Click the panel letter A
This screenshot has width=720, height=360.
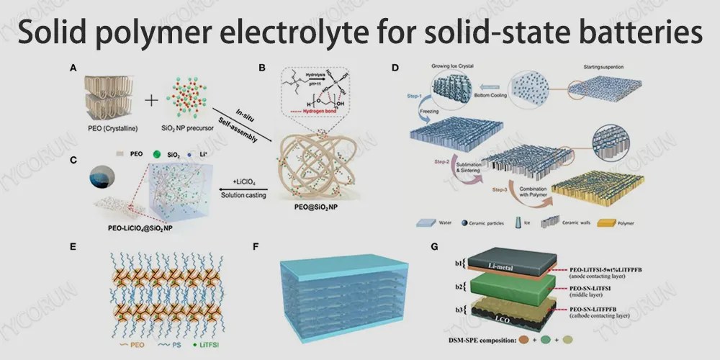coord(73,69)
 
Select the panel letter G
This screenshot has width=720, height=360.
coord(433,246)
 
